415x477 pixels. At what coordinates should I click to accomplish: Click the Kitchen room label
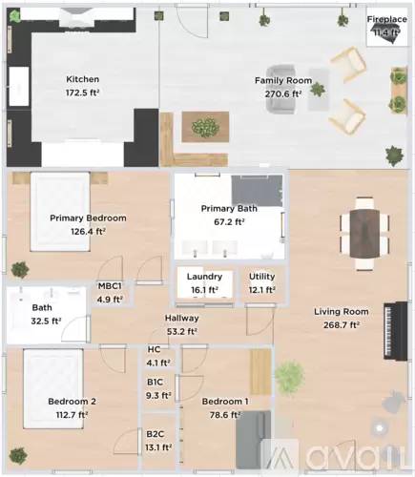83,79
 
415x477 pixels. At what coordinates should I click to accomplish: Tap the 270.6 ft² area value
283,94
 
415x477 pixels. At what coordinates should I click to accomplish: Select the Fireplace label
387,19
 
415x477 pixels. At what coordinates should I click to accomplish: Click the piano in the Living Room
396,331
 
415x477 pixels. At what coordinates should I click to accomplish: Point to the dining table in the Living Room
364,234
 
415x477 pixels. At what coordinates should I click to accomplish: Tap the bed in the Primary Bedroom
60,212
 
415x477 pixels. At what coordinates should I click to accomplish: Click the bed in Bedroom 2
53,388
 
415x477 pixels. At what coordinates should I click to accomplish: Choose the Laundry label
204,277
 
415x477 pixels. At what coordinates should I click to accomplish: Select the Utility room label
262,277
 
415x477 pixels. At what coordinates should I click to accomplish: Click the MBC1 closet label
110,286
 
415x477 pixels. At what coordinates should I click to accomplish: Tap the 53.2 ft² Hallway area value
182,332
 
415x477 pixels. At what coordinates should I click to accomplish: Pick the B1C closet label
155,382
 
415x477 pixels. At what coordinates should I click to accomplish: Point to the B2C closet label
156,434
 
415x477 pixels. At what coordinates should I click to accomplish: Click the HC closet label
154,349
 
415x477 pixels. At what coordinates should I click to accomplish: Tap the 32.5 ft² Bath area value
46,321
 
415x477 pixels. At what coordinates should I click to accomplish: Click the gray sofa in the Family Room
281,90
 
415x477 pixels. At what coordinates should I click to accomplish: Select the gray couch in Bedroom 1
254,441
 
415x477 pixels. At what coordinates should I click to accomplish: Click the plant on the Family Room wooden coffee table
205,127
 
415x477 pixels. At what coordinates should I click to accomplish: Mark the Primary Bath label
229,209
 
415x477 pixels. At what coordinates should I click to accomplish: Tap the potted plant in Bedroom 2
18,456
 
